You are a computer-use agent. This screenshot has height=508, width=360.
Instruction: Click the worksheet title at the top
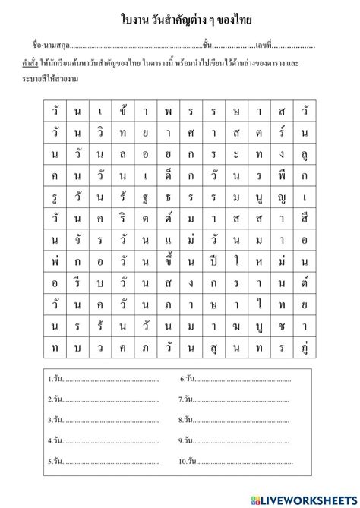click(180, 17)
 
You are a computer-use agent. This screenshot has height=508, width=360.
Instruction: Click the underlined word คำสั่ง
click(23, 63)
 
